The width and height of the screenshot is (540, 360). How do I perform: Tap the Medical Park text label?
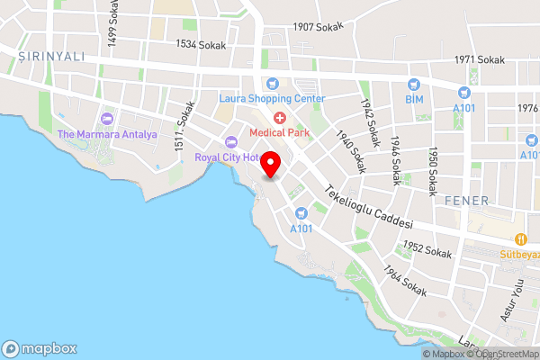pos(280,132)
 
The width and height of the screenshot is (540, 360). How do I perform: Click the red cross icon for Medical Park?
pos(280,118)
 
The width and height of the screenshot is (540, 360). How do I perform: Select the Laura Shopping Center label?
pos(273,98)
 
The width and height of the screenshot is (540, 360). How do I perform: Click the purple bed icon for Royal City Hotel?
pos(231,141)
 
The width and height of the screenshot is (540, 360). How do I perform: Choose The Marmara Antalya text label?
pos(107,135)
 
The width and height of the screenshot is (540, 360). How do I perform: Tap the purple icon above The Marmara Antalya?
pos(108,119)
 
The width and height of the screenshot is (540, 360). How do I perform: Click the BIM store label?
pos(414,98)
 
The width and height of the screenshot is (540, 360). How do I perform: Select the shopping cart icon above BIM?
pos(415,83)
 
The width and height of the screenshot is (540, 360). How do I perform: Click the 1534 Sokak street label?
pos(201,44)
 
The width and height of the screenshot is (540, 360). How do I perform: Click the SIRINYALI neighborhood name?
pos(50,56)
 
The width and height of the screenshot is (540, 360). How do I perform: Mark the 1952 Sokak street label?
pos(427,249)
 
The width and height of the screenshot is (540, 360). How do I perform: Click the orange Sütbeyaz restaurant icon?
pos(520,238)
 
